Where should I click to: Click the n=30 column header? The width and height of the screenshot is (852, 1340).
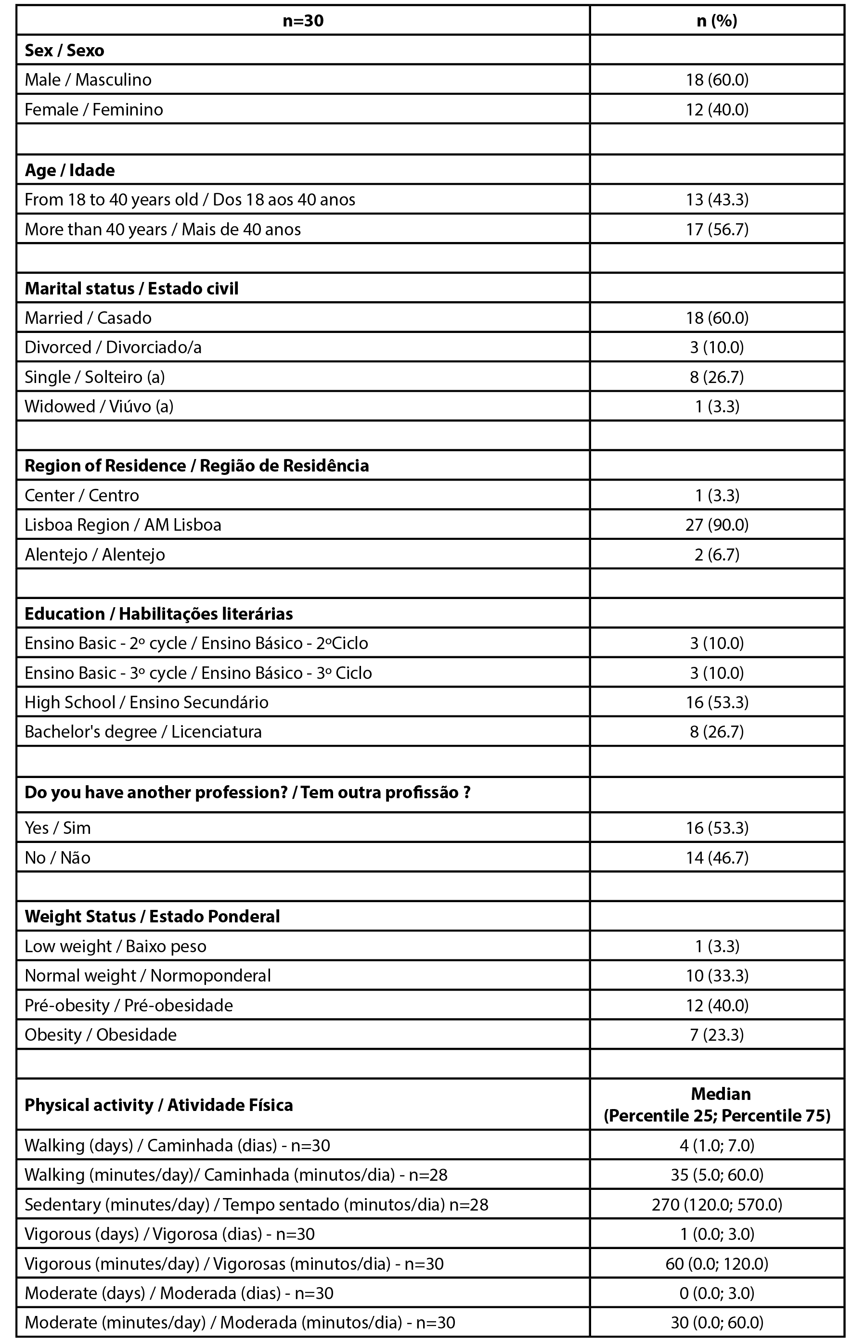click(303, 21)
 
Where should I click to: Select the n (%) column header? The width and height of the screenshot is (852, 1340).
click(717, 21)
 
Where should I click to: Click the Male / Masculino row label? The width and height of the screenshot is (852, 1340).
click(88, 79)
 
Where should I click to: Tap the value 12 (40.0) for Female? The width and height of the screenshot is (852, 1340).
click(717, 110)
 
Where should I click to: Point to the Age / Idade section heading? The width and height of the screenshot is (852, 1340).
click(70, 170)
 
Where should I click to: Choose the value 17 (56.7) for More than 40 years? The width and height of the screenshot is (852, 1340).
click(717, 230)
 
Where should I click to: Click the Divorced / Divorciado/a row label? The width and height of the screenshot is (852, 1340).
click(113, 347)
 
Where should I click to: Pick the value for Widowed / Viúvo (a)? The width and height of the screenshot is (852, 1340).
click(717, 406)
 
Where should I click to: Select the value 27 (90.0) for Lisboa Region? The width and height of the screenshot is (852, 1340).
click(717, 525)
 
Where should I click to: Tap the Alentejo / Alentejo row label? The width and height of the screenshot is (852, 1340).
click(95, 554)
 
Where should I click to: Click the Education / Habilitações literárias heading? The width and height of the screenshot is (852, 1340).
click(159, 614)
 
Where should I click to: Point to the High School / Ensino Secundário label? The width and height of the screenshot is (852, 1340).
click(146, 702)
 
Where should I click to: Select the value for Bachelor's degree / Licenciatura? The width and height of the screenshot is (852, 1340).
click(717, 731)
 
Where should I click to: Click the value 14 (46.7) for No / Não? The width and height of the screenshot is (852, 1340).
click(717, 857)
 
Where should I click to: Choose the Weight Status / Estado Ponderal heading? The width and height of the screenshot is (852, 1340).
click(152, 917)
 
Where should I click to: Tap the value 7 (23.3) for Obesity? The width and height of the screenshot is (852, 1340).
click(717, 1034)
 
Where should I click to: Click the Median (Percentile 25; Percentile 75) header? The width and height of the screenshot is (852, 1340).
click(717, 1105)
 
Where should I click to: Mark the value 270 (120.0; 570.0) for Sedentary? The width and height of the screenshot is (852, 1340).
click(717, 1205)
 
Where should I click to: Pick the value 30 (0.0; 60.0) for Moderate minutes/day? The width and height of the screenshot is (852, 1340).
click(717, 1322)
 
